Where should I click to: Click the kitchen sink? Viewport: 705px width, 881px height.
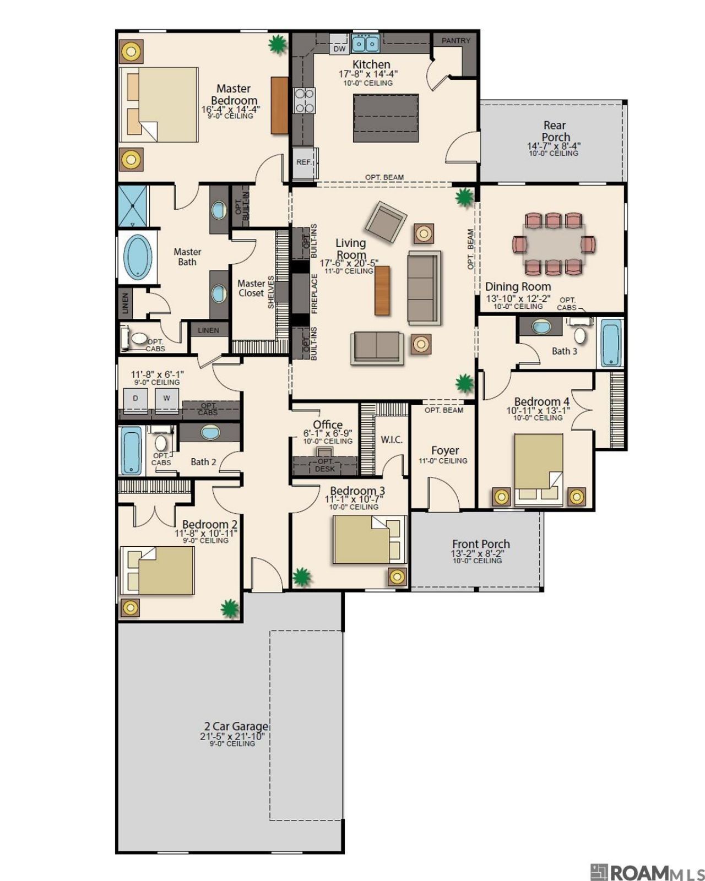(365, 43)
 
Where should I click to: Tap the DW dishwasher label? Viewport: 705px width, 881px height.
(339, 48)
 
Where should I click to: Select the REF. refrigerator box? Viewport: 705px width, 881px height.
(305, 163)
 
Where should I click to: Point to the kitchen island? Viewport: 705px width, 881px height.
(385, 118)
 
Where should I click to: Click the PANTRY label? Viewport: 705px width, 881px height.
(455, 41)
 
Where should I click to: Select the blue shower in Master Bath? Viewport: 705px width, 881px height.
(132, 206)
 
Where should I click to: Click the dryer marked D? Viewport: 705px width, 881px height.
(135, 400)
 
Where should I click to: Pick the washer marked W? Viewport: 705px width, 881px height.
(166, 400)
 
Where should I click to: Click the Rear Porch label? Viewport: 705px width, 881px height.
(554, 130)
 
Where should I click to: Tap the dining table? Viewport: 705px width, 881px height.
(554, 244)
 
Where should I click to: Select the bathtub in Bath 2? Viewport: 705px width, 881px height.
(130, 450)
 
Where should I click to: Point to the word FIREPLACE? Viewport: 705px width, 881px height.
(314, 293)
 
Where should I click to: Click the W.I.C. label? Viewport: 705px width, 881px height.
(391, 440)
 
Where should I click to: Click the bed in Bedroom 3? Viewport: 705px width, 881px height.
(368, 539)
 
